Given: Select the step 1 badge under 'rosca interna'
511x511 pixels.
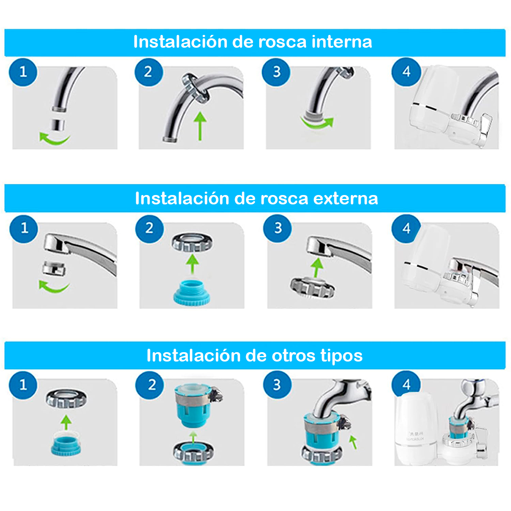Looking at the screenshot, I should coord(23,72).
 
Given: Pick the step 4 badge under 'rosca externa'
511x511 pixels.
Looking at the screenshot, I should coord(406,228).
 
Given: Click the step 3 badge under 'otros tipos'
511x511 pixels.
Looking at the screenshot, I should coord(277,385).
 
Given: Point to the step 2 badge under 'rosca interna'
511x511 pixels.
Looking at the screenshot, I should coord(149,72).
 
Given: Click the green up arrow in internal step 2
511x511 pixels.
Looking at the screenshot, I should coord(200,126).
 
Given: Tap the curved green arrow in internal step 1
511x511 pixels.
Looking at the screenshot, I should coord(54,139).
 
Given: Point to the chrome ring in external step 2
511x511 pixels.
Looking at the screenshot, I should coord(192,242).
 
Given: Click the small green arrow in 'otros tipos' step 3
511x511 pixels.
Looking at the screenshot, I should coord(353,442).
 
